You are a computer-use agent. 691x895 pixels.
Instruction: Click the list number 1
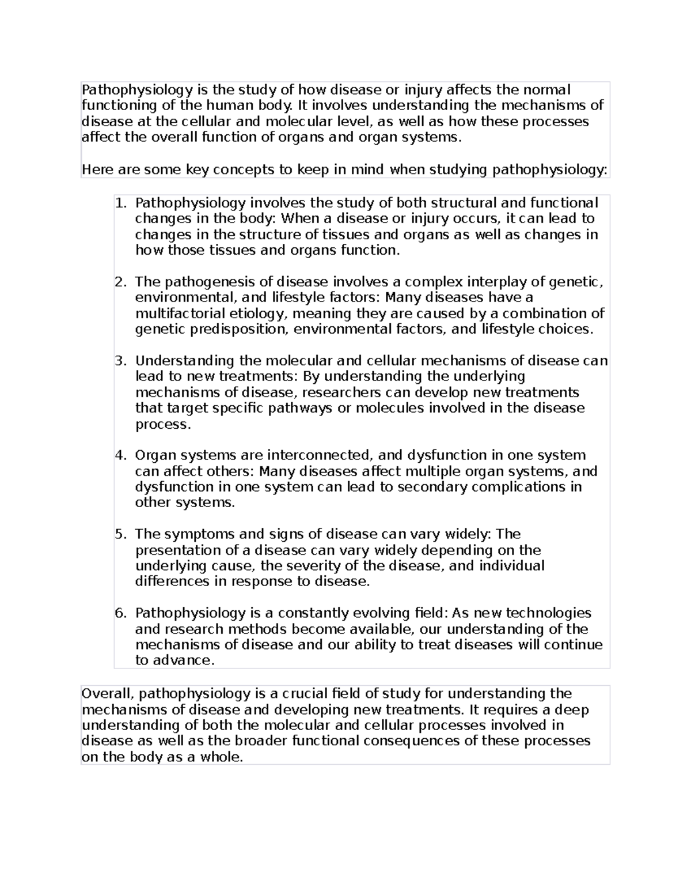(x=119, y=203)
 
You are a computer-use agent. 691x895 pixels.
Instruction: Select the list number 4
(x=119, y=455)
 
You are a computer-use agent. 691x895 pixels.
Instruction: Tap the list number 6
(x=119, y=613)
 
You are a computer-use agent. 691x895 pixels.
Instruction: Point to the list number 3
(x=119, y=361)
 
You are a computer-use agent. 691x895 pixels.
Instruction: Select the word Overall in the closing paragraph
(x=107, y=693)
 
